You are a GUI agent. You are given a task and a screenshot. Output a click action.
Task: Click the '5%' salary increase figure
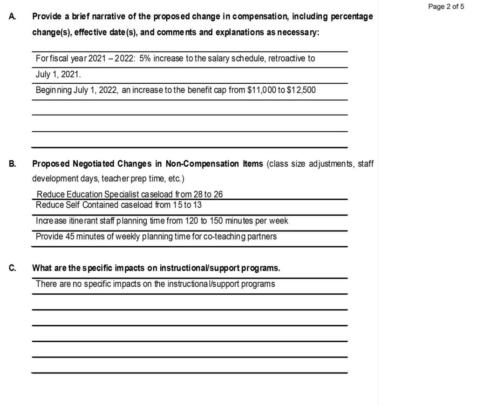[x=145, y=59]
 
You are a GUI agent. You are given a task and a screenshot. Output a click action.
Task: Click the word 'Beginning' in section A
[x=54, y=90]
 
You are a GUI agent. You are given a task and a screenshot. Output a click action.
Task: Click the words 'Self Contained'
[x=88, y=205]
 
